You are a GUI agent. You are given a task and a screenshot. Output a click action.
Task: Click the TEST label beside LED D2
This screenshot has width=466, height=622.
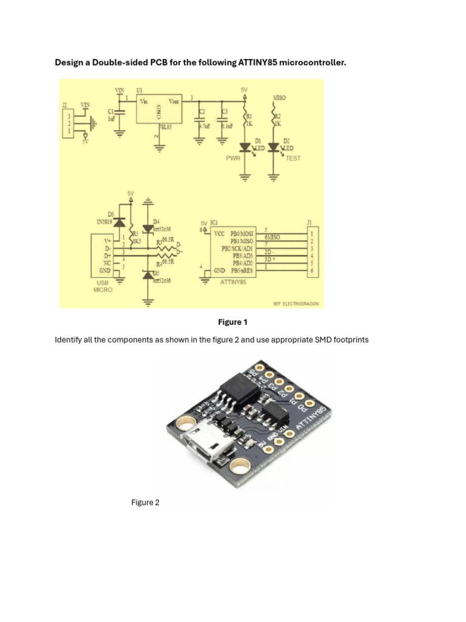coord(293,158)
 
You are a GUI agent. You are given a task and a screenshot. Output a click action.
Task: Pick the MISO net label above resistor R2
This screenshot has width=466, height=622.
coord(279,97)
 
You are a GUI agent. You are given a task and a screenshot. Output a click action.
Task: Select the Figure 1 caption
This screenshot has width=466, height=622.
coord(232,322)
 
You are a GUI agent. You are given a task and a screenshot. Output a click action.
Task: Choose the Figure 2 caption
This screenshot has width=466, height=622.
coord(145,502)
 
